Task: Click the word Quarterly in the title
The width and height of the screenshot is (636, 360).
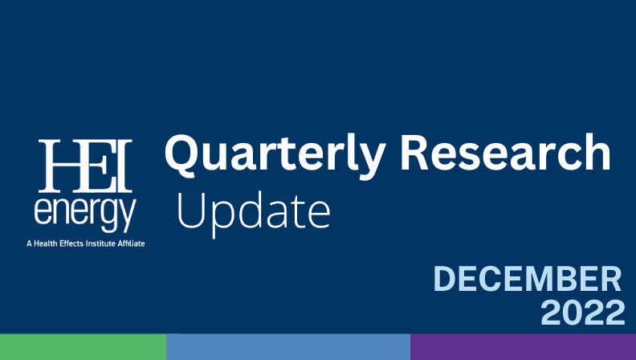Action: pos(275,156)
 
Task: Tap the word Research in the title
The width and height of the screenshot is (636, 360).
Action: pos(505,152)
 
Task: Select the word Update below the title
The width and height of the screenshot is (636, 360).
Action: pos(254,213)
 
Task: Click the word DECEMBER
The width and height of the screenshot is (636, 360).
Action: pos(528,278)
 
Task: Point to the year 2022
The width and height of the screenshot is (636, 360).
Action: pos(582,312)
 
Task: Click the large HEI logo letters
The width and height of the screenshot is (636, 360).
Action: pos(85,166)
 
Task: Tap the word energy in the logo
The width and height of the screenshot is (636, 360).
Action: pos(85,213)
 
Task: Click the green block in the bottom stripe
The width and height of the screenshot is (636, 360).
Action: pos(84,347)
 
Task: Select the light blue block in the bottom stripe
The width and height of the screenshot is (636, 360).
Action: pos(288,347)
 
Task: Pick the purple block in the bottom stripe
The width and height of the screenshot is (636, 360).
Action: pos(524,347)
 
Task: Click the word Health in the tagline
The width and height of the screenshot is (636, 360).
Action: pos(46,243)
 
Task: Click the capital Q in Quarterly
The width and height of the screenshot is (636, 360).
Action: pos(182,155)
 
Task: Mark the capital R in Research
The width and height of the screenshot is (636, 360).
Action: pos(415,152)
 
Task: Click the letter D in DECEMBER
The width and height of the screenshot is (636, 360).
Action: pos(445,278)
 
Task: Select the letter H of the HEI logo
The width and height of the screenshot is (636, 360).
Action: pos(61,166)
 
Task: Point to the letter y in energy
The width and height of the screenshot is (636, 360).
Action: pos(128,216)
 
